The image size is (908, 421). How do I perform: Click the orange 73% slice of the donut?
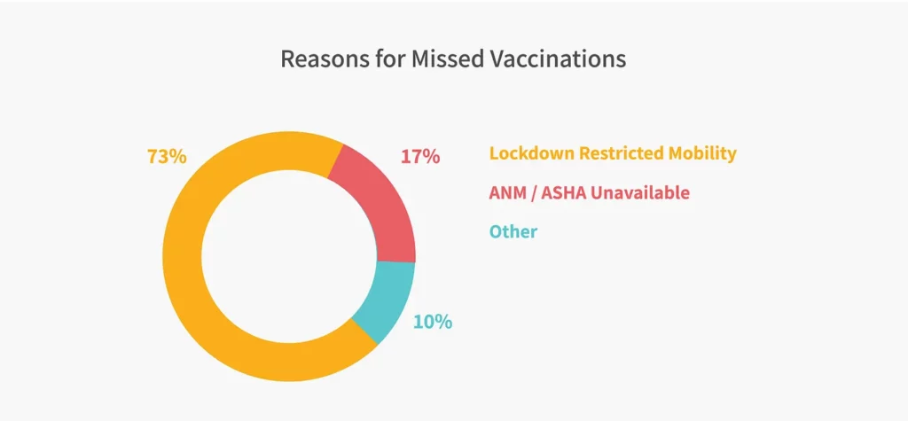(x=183, y=254)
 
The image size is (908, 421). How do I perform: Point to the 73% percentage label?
(x=167, y=156)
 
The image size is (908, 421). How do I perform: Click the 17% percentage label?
(x=420, y=156)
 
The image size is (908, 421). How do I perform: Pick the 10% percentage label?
(x=433, y=322)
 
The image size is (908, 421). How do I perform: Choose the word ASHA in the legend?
(x=559, y=193)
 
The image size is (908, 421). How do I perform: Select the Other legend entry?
(x=513, y=231)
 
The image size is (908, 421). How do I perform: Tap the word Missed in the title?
(x=445, y=59)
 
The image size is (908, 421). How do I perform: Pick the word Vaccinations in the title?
(x=556, y=59)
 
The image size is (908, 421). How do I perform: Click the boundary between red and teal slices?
(x=396, y=261)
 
